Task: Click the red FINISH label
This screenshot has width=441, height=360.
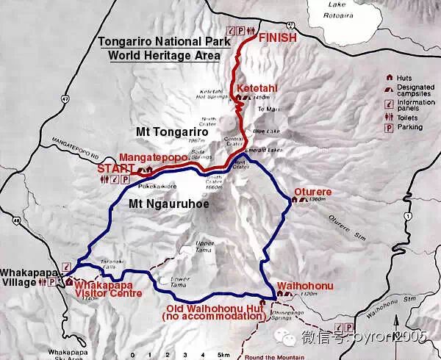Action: tap(277, 36)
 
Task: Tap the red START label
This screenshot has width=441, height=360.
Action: tap(113, 168)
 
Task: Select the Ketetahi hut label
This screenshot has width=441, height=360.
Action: tap(257, 89)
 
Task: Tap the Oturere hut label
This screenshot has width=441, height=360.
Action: tap(313, 192)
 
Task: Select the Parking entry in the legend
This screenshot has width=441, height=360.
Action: tap(410, 126)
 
